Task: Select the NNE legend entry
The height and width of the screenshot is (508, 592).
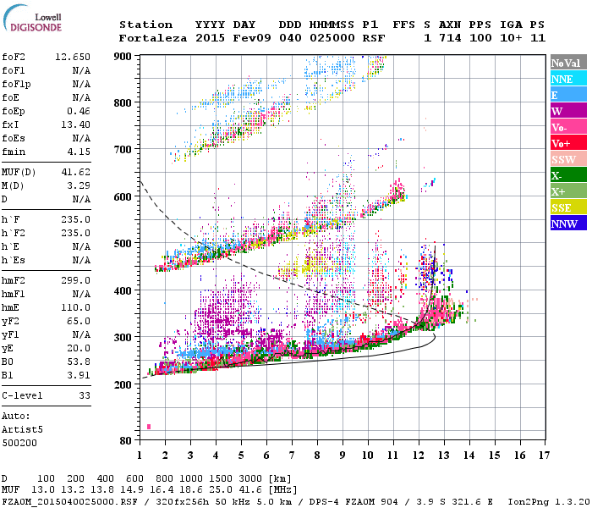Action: click(562, 79)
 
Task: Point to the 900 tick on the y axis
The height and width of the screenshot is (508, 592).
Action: click(123, 56)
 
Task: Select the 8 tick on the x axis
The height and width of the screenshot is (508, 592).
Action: click(317, 457)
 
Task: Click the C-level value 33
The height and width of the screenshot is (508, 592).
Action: click(85, 395)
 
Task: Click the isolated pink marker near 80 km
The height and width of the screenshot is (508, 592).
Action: click(149, 427)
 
